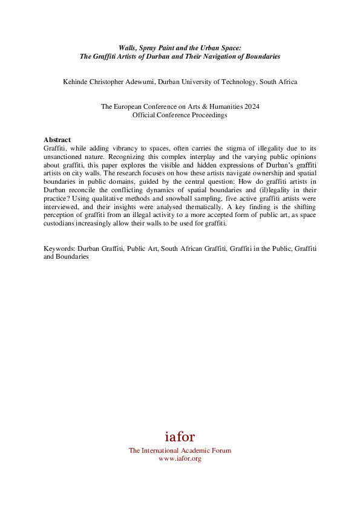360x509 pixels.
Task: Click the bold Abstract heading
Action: click(x=57, y=140)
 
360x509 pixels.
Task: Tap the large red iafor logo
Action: click(x=180, y=436)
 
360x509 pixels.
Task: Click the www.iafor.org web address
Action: click(x=180, y=459)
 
